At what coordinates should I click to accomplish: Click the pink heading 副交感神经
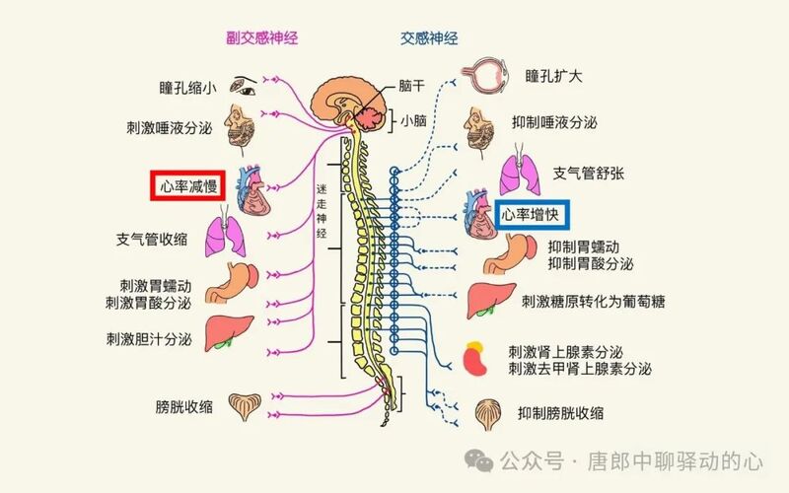click(261, 38)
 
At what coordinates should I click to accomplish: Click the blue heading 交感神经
click(428, 38)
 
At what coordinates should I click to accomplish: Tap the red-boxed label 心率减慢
click(183, 185)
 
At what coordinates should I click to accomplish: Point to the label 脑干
click(412, 86)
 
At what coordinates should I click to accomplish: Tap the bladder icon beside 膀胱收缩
click(246, 405)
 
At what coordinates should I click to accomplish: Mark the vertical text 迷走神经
click(321, 211)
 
